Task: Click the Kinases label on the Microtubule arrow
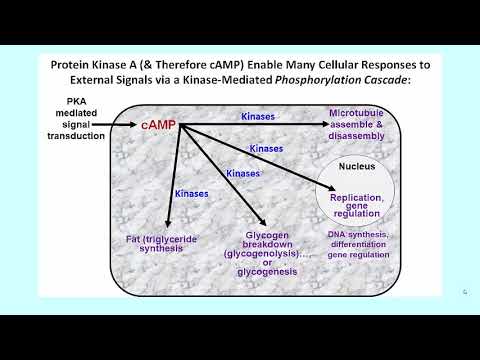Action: [263, 117]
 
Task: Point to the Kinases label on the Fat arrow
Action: [191, 193]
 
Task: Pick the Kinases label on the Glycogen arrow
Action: [244, 173]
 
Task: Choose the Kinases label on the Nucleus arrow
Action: [266, 148]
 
